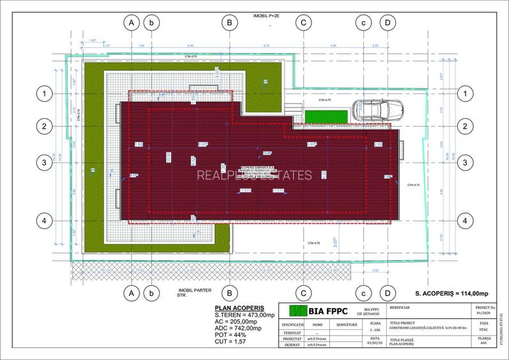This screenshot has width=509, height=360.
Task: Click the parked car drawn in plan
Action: pos(378,111)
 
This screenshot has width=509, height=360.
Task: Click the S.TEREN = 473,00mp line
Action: pos(245,315)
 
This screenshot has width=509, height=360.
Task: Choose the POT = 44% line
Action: pos(232,335)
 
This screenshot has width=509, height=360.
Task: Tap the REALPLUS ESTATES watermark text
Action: pos(254,175)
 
